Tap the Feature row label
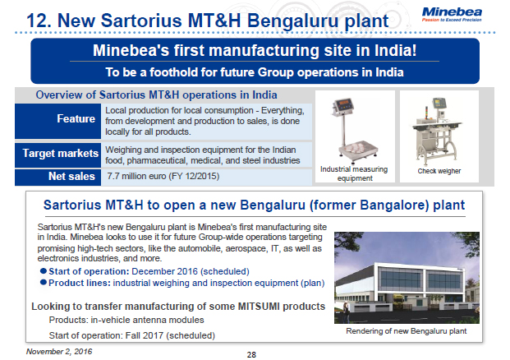click(x=76, y=119)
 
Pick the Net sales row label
click(x=72, y=176)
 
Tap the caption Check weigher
click(x=439, y=172)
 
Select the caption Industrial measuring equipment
click(x=356, y=173)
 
